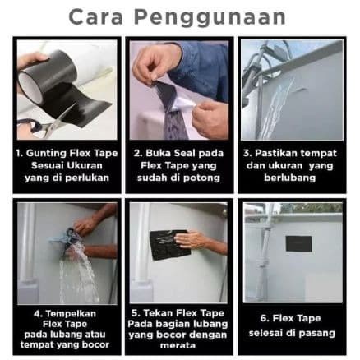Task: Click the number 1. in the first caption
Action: pyautogui.click(x=19, y=154)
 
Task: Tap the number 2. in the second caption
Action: pyautogui.click(x=138, y=154)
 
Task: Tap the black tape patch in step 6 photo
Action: pyautogui.click(x=298, y=245)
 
